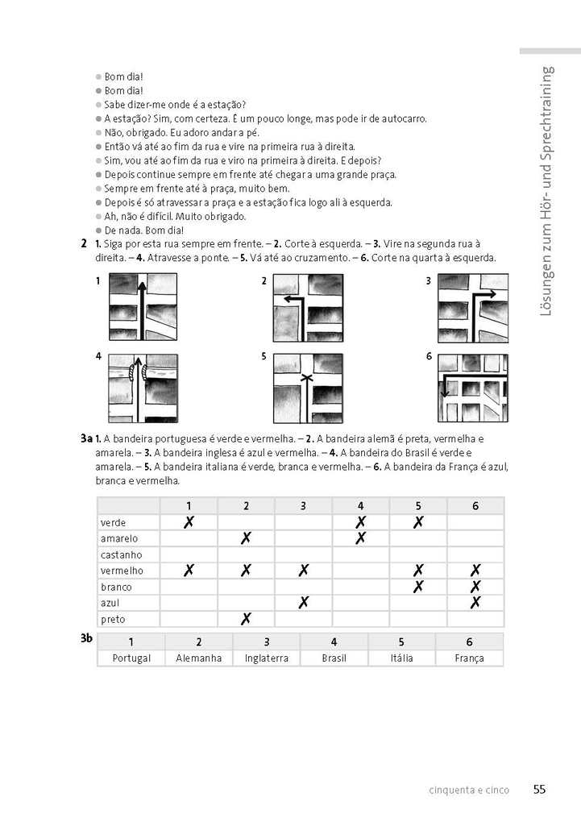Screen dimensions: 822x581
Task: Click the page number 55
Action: [539, 790]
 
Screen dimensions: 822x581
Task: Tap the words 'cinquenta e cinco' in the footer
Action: [469, 791]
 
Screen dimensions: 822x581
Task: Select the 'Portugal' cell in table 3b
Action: [131, 658]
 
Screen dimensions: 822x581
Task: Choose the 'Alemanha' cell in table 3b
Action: [198, 658]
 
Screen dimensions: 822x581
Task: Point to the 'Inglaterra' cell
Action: [266, 658]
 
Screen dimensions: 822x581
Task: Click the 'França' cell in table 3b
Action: [469, 658]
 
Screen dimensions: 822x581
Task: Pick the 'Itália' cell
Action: [401, 658]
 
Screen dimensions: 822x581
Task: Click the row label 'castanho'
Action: [122, 554]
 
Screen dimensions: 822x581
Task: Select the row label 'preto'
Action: [114, 619]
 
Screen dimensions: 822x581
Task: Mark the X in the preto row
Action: [246, 619]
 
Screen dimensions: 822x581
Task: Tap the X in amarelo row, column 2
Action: [246, 538]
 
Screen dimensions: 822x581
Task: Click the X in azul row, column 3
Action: [304, 602]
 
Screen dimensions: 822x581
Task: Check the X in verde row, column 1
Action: [189, 522]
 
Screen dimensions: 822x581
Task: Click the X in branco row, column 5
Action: [418, 587]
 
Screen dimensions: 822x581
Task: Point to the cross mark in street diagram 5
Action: [306, 377]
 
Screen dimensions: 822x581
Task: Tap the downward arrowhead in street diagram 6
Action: [444, 394]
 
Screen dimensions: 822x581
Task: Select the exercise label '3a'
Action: [86, 438]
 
